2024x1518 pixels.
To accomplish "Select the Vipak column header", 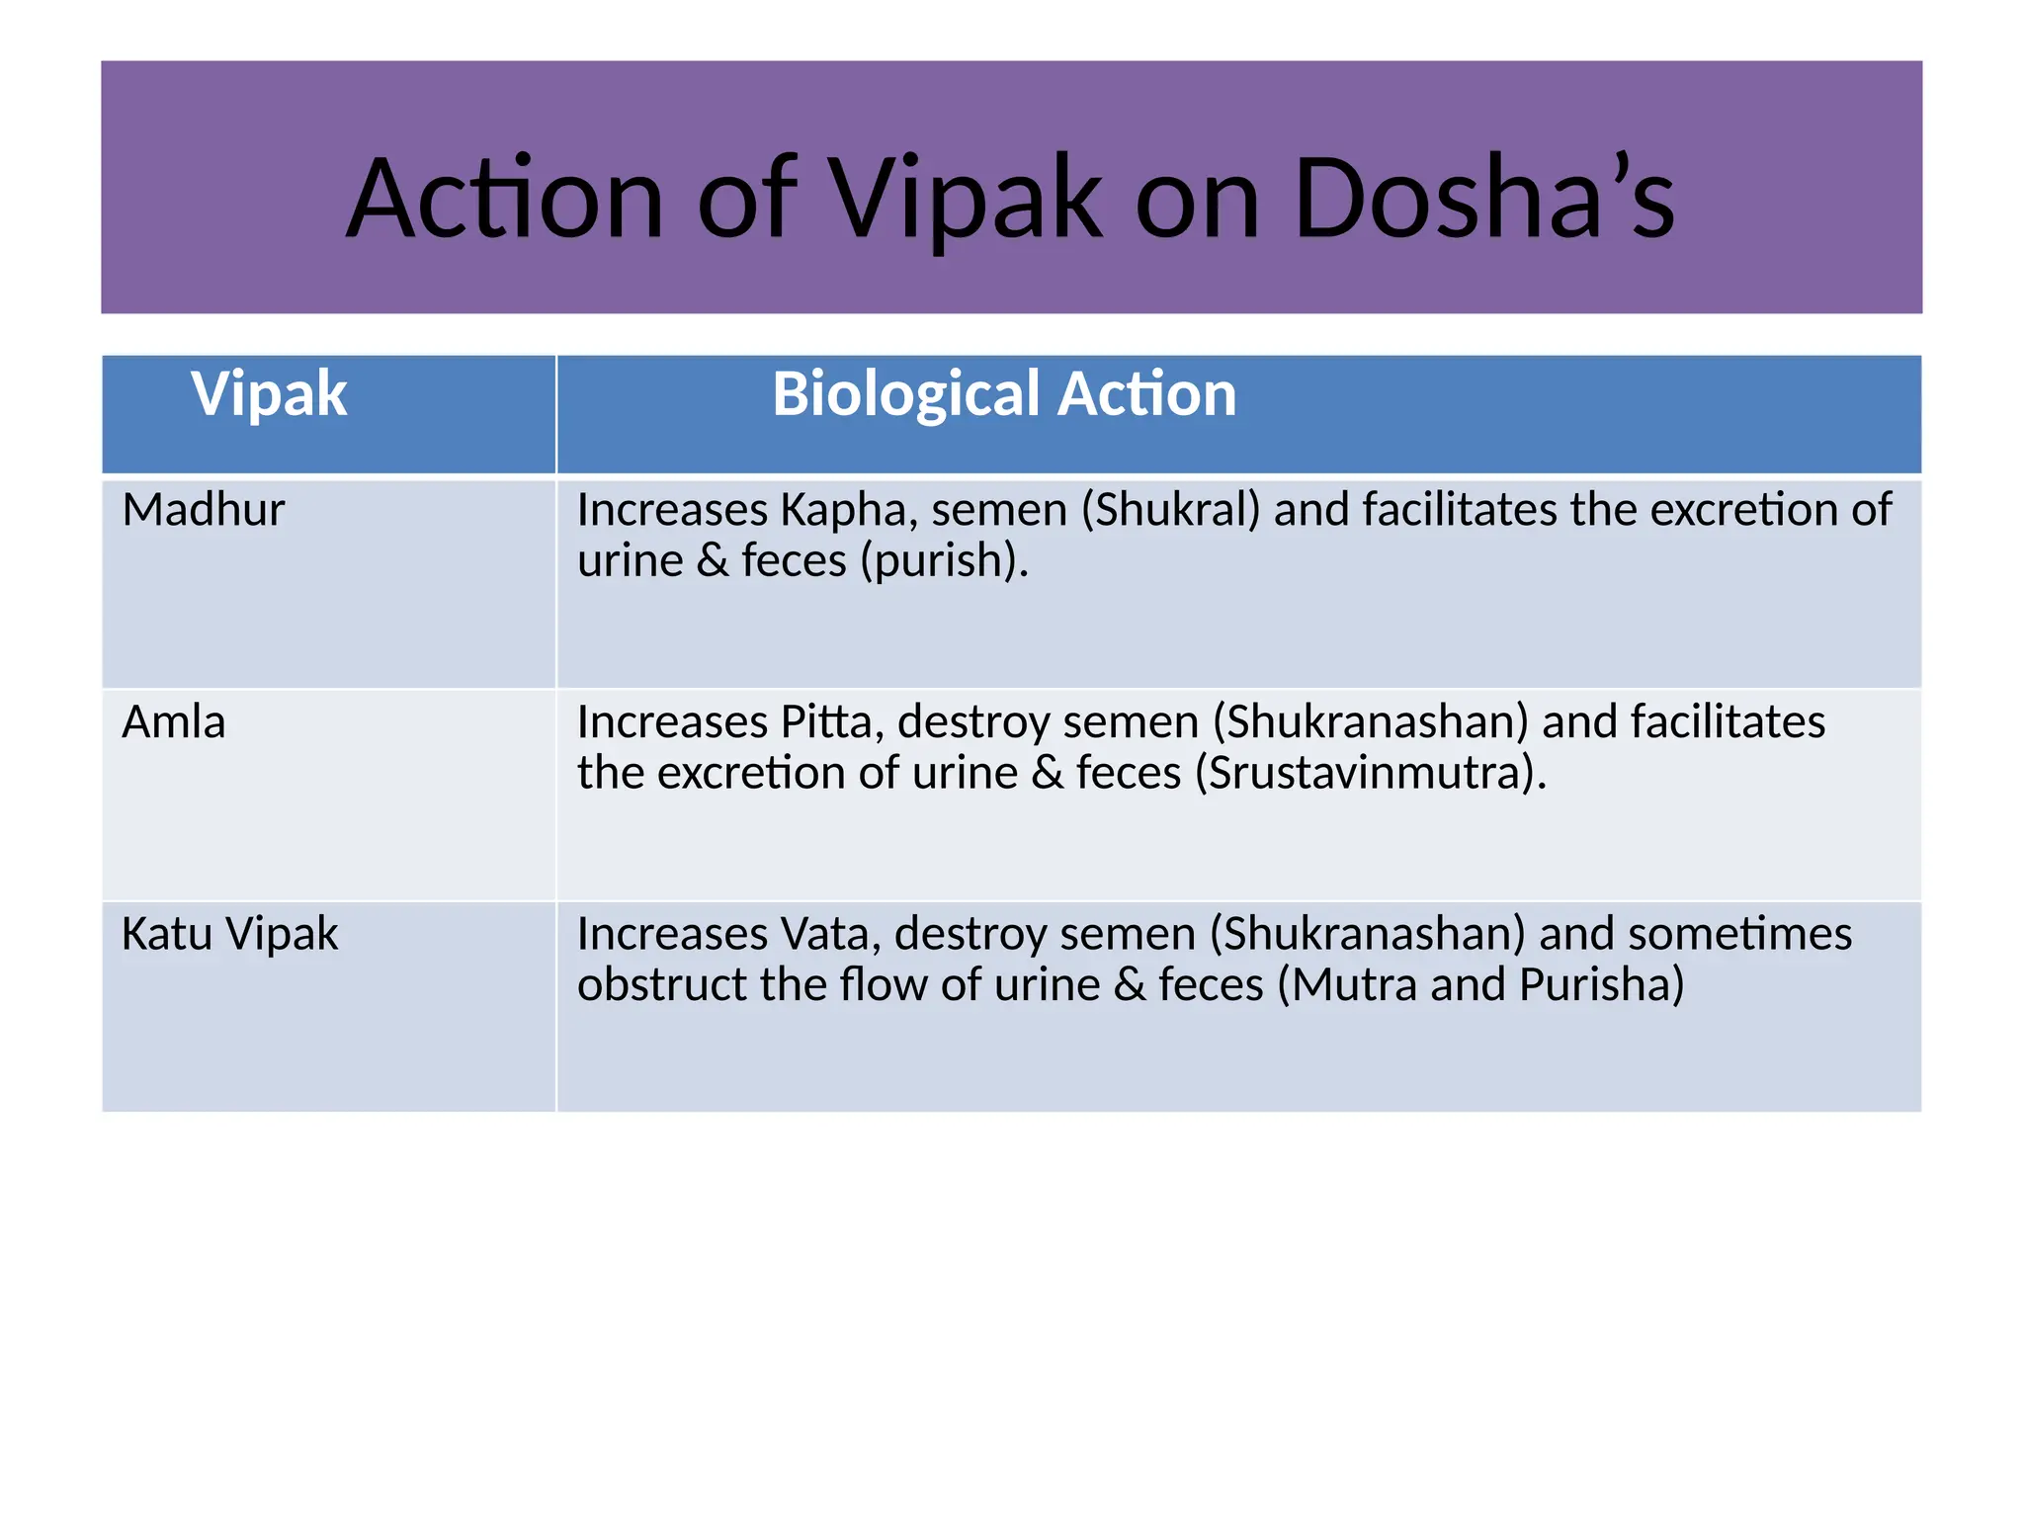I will click(x=269, y=393).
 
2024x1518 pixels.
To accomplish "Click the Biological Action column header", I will click(x=1003, y=393).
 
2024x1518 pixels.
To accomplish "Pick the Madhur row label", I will click(x=203, y=510).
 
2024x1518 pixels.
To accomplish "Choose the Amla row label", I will click(x=173, y=722).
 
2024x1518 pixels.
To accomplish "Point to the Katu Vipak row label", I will click(x=229, y=934).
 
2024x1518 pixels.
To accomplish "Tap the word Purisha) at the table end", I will click(x=1601, y=984).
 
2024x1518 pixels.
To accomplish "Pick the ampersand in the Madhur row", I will click(x=713, y=561).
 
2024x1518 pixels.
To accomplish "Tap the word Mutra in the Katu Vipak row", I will click(x=1354, y=984).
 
